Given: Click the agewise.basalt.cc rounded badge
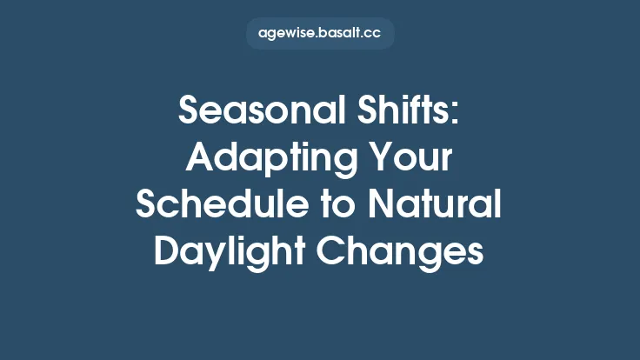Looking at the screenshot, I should [320, 34].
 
